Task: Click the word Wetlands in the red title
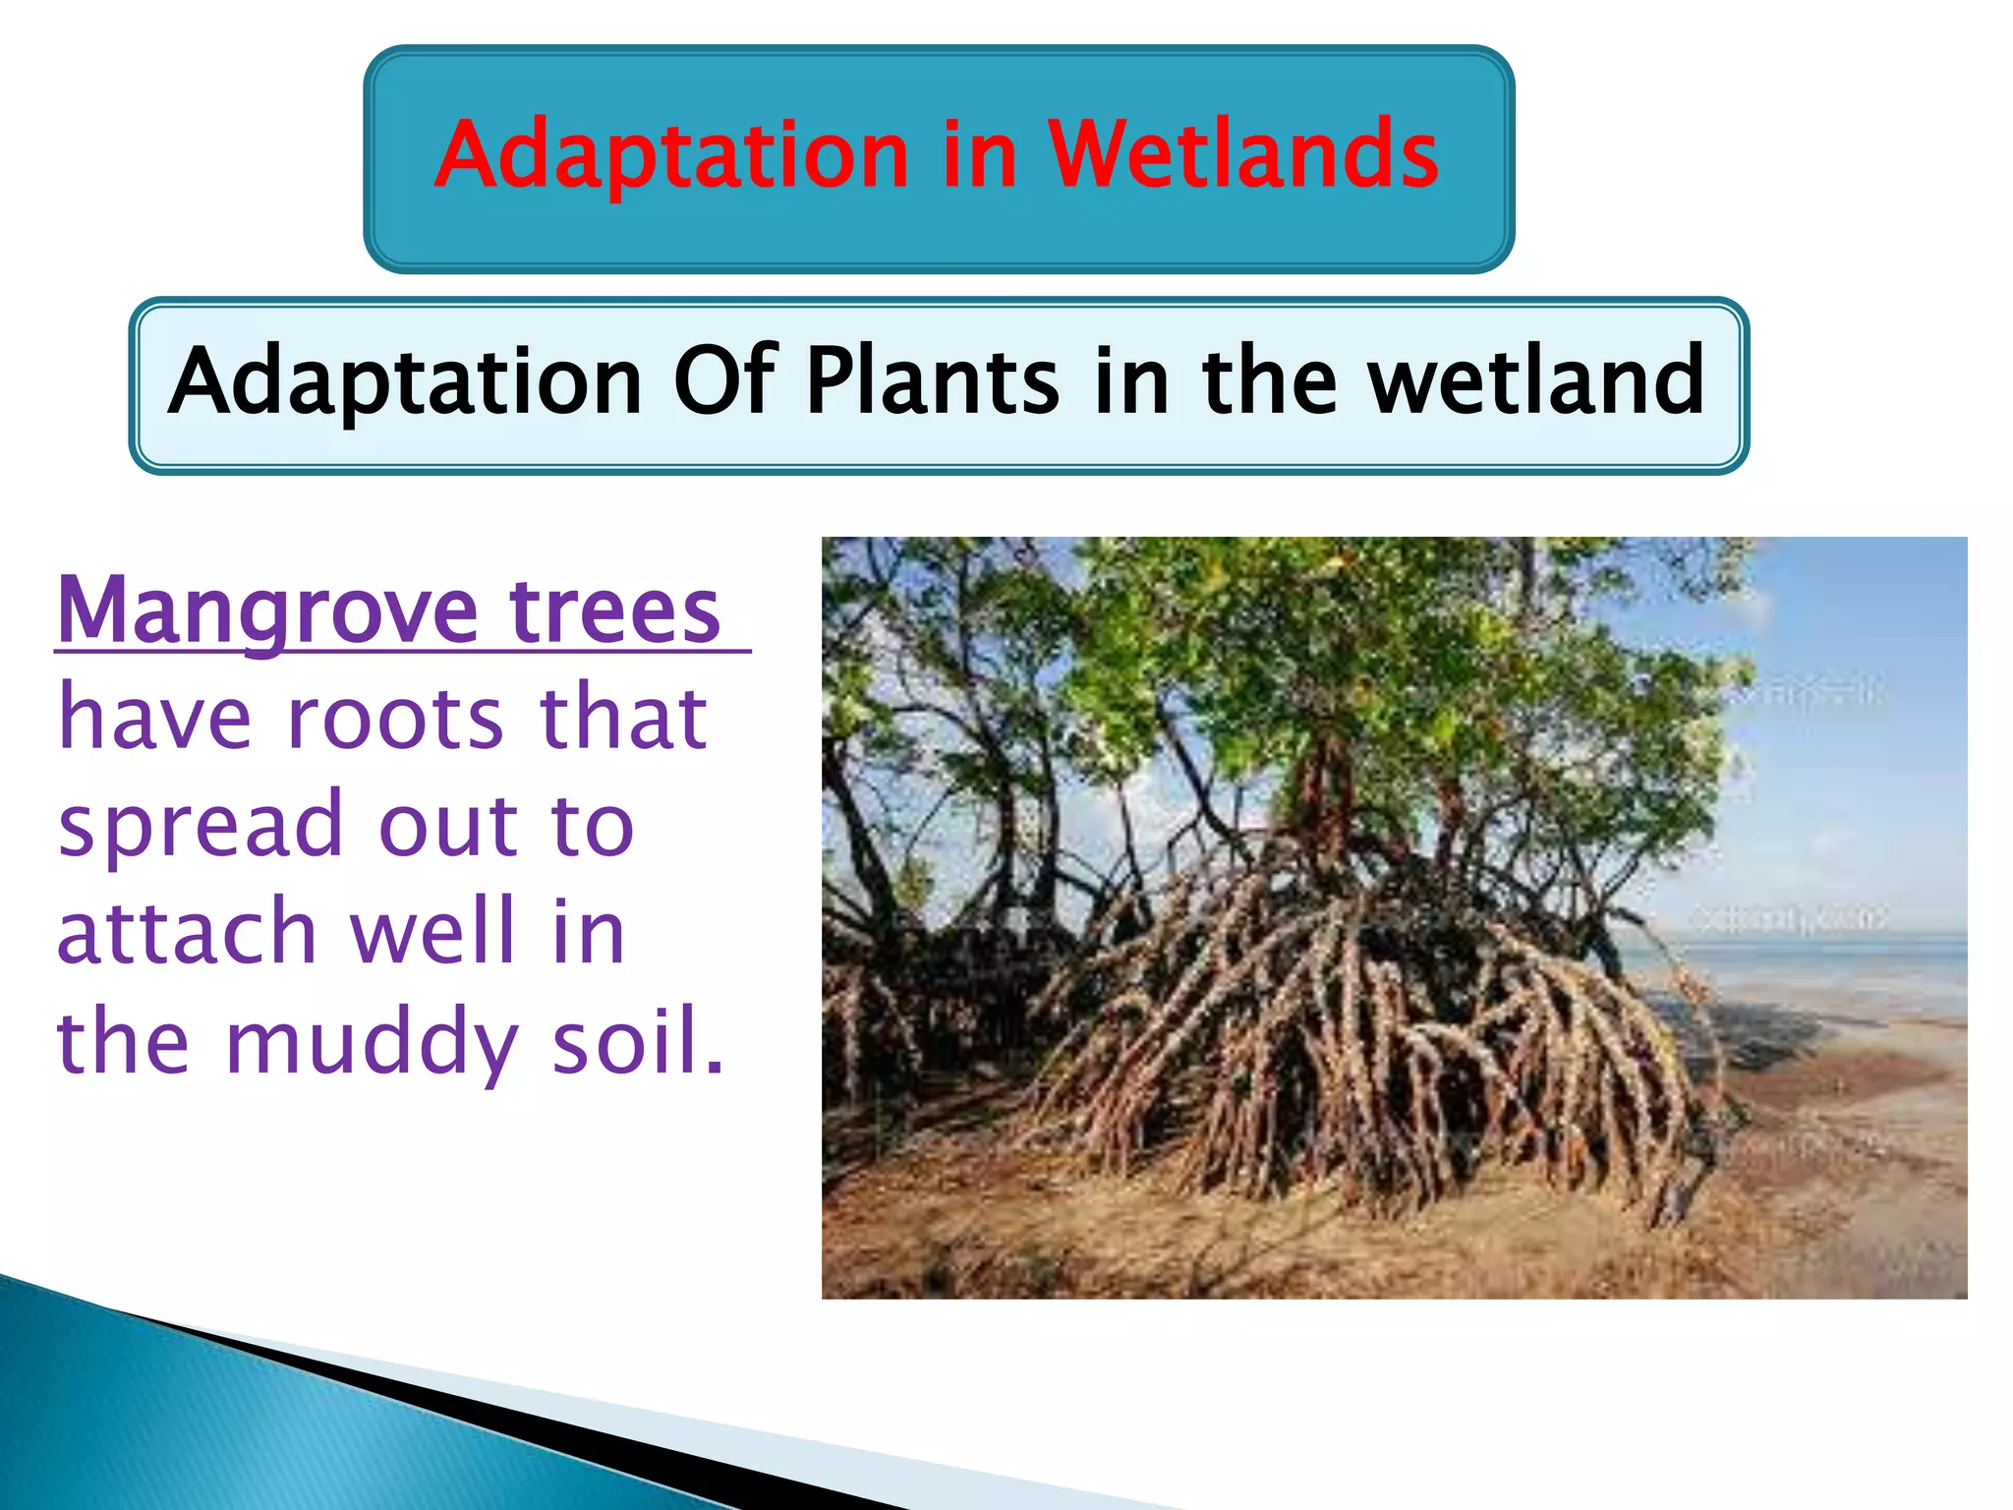pos(1242,154)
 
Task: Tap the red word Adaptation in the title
pos(671,156)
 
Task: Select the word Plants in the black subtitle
pos(933,381)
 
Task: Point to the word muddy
pos(371,1044)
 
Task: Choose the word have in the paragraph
pos(154,719)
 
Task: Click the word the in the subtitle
pos(1269,381)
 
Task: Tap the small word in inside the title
pos(978,156)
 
